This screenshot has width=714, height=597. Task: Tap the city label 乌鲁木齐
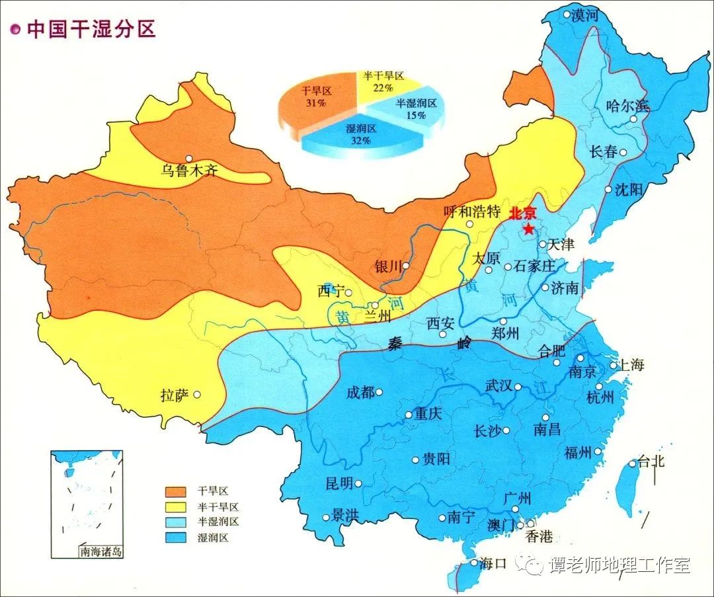(190, 171)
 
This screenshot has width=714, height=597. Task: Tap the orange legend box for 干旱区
(175, 491)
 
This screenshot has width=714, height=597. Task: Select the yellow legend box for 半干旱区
(175, 506)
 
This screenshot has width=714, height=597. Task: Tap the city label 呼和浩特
(471, 212)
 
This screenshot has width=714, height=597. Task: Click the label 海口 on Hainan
(493, 563)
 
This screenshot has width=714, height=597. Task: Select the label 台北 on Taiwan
(651, 461)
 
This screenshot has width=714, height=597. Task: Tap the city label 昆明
(339, 483)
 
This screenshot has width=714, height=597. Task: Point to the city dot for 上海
(614, 364)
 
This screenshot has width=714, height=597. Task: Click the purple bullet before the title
(15, 30)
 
